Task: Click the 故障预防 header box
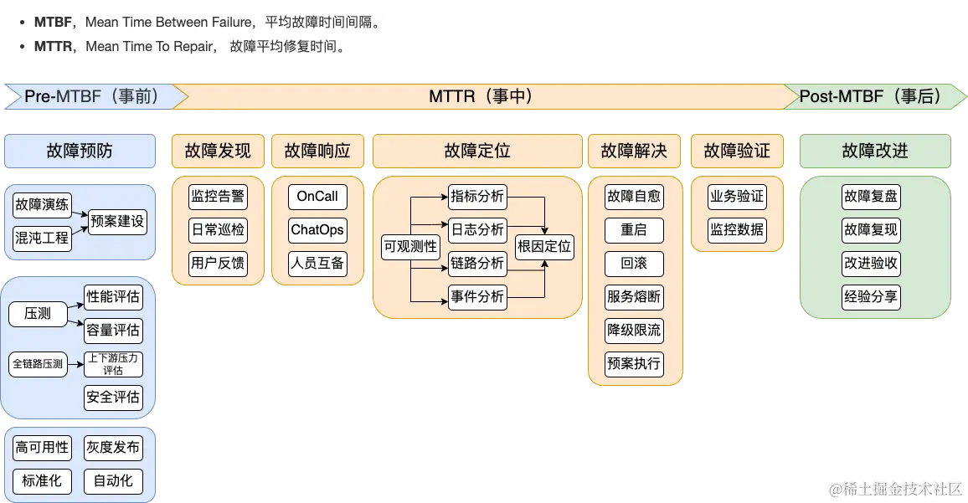80,151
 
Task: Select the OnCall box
317,197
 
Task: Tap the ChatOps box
317,230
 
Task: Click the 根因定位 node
544,246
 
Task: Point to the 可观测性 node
410,246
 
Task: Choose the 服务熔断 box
634,296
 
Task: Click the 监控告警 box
218,197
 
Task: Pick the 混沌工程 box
42,239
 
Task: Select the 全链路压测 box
38,364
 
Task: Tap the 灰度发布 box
113,448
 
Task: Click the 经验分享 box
872,296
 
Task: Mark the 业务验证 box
737,197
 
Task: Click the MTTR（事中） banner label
481,96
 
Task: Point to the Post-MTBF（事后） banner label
871,96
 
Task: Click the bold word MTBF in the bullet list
53,23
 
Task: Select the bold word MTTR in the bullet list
53,47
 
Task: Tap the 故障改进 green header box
875,151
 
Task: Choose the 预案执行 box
634,363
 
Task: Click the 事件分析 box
477,296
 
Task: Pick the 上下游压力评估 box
113,364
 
